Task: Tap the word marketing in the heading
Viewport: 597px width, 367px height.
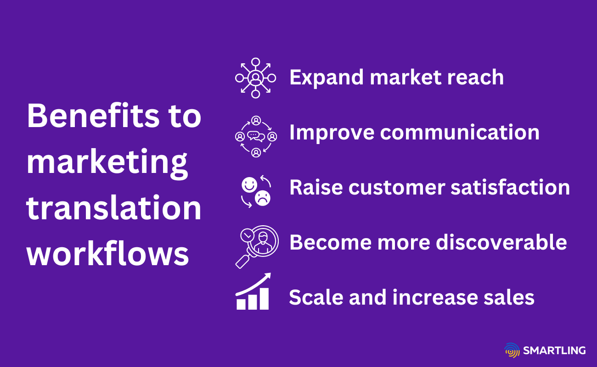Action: click(107, 163)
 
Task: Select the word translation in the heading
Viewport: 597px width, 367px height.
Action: click(114, 208)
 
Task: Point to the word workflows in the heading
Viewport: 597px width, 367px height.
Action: click(108, 254)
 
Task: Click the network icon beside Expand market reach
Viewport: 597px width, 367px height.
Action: click(255, 78)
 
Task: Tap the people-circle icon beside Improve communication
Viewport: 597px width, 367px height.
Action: click(256, 136)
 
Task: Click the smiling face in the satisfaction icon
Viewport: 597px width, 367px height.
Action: click(249, 185)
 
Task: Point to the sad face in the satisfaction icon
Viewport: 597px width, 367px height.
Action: click(262, 199)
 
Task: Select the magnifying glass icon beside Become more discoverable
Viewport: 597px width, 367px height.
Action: click(256, 245)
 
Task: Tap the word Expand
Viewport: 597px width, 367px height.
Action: click(327, 78)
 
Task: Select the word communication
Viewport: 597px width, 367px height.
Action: click(460, 133)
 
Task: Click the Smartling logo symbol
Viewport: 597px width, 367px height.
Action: click(512, 350)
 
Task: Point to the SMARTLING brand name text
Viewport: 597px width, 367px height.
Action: click(554, 351)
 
